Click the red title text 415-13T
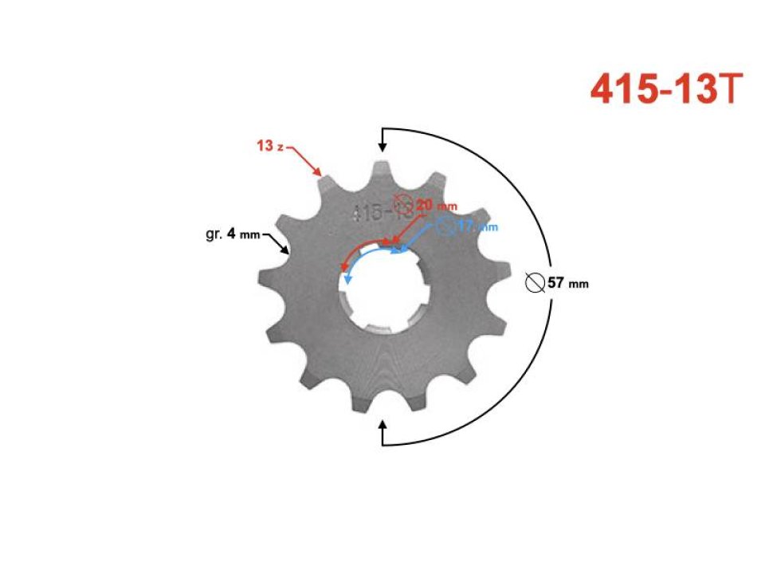[667, 89]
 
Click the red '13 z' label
[269, 146]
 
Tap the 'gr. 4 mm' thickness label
[228, 234]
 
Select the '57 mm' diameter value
[568, 283]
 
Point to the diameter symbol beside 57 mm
[535, 282]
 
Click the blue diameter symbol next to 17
[445, 226]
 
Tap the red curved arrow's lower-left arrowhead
[343, 269]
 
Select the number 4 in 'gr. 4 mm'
[231, 234]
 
